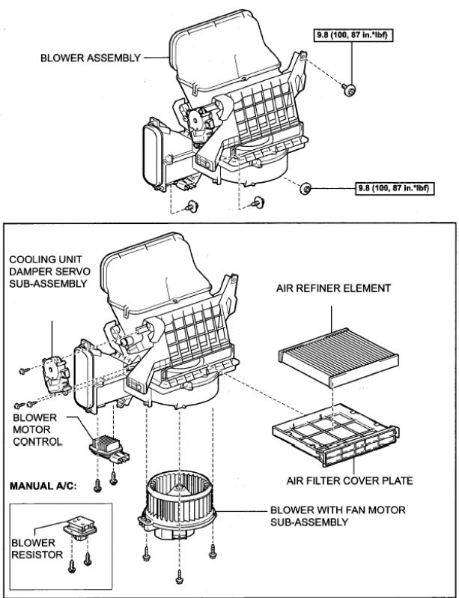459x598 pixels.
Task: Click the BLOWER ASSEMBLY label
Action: point(89,58)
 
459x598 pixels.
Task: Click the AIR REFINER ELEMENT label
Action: point(333,288)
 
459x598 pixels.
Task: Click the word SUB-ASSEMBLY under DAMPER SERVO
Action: point(46,284)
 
